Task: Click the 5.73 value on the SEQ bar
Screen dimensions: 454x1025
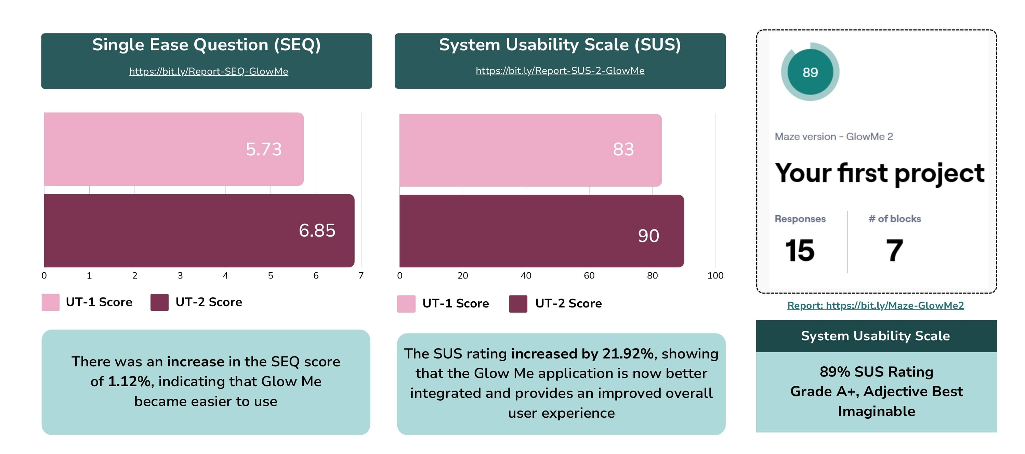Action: [263, 149]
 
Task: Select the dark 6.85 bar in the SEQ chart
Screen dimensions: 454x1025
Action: [199, 230]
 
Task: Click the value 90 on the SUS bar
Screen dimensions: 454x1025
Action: [648, 236]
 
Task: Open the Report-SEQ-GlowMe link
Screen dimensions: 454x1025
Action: [209, 71]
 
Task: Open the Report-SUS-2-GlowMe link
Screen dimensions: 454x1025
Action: [560, 71]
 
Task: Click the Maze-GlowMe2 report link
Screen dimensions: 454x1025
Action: [876, 305]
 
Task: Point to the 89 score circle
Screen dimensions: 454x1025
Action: [810, 72]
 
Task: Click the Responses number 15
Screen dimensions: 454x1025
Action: [799, 251]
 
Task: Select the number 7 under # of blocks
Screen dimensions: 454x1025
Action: [894, 251]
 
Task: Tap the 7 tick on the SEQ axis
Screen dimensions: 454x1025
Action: [361, 276]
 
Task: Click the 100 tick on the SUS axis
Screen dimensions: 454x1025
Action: [715, 276]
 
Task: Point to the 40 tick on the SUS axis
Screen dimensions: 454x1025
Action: [526, 276]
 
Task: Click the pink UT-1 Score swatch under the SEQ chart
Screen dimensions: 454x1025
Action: [51, 302]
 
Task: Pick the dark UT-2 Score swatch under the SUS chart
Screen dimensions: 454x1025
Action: [518, 304]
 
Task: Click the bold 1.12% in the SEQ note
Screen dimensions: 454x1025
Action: [129, 381]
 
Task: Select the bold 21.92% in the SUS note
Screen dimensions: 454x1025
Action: [628, 354]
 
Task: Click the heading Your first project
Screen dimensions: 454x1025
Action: [879, 173]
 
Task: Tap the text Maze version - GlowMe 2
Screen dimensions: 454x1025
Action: [833, 137]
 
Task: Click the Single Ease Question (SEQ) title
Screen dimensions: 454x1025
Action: [207, 45]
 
